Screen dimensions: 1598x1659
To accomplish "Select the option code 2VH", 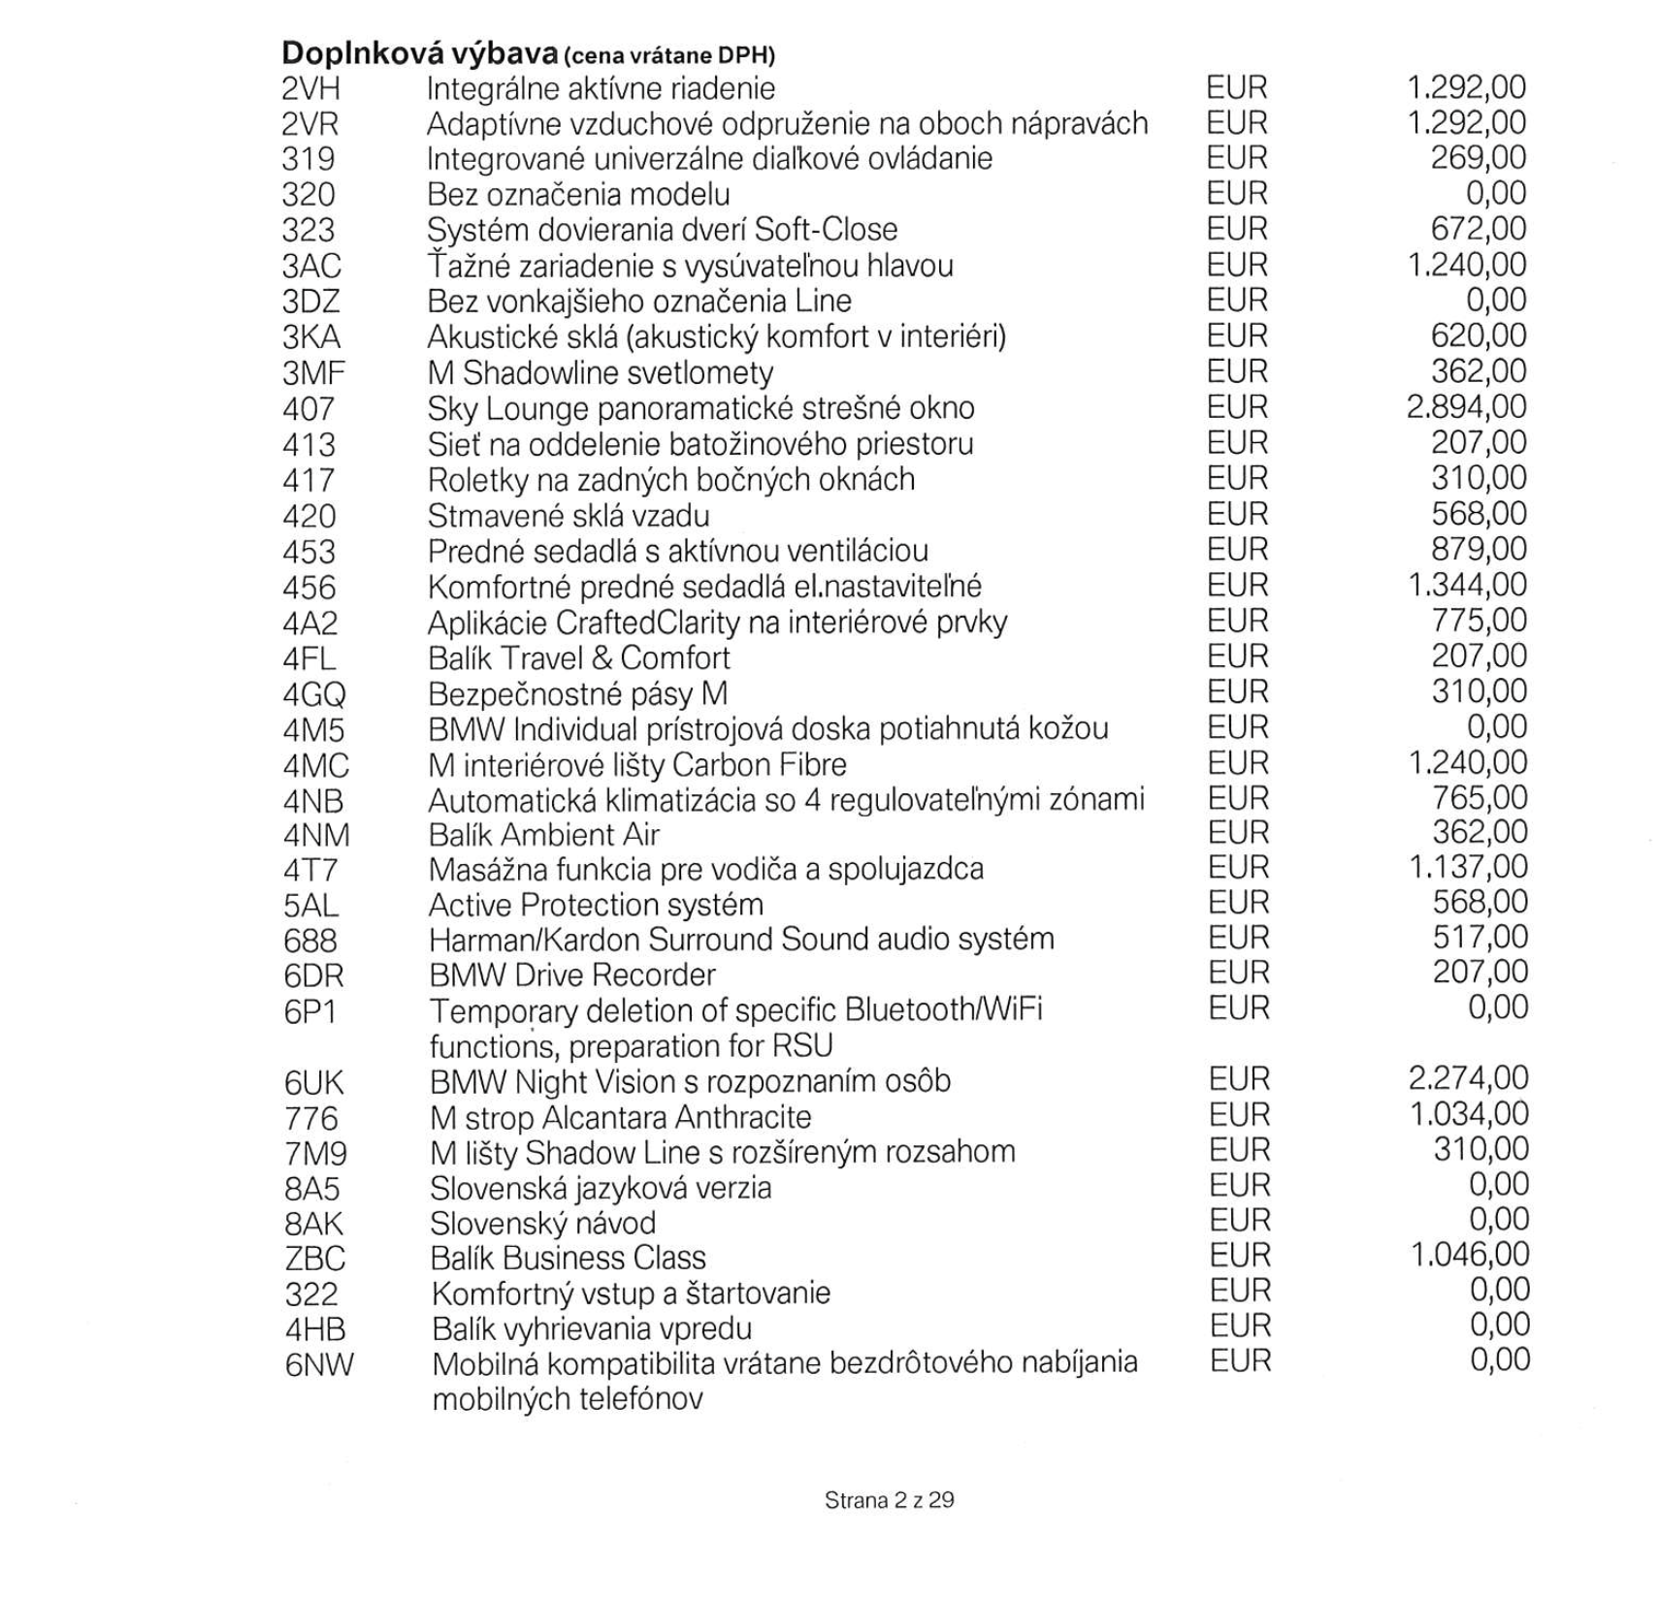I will point(311,89).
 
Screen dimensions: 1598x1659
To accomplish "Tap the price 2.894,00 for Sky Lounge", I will point(1466,407).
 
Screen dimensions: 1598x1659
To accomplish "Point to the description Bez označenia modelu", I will point(578,194).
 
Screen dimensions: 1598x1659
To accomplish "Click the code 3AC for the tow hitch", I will point(311,266).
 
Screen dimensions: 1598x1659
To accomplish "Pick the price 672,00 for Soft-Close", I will point(1479,229).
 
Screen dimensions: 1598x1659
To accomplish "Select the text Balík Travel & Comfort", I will point(579,657).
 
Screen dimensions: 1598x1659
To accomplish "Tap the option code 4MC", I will point(315,766).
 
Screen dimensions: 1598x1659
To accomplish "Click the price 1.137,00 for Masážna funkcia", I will point(1468,867).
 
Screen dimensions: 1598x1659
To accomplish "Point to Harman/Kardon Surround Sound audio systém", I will point(741,939).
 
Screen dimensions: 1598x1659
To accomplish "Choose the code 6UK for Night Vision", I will point(314,1082).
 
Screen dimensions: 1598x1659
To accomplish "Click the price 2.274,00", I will point(1468,1078).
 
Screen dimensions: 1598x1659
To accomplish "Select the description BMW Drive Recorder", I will point(572,975).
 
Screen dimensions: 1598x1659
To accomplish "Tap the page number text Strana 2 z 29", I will point(889,1500).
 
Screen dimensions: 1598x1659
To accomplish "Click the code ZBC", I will point(315,1259).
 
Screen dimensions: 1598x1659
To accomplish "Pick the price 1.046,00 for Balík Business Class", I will point(1469,1255).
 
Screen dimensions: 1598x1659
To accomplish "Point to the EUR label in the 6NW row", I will point(1240,1360).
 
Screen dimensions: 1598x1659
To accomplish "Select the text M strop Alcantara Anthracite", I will point(621,1117).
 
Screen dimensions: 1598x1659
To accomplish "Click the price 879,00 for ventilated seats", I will point(1479,549).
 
